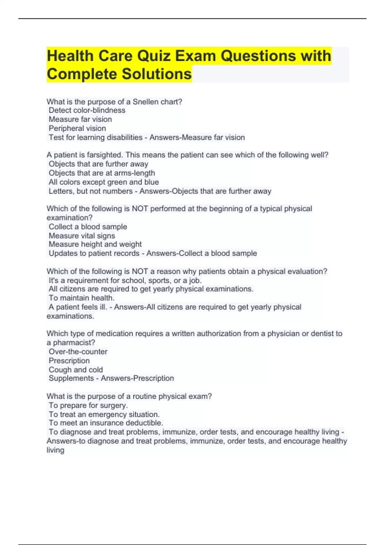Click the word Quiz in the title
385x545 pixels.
click(154, 56)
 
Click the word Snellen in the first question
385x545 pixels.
click(145, 102)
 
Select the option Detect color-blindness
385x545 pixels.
click(87, 110)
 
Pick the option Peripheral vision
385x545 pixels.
click(77, 128)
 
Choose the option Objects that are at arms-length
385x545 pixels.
click(102, 173)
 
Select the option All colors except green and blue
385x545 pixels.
click(104, 182)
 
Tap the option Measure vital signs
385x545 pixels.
click(82, 236)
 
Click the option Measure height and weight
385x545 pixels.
click(95, 244)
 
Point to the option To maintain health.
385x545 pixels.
click(81, 298)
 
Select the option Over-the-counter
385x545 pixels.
click(78, 352)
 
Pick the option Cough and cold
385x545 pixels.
click(76, 370)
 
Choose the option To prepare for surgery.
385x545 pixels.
click(88, 405)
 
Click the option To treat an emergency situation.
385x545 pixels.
click(104, 414)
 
